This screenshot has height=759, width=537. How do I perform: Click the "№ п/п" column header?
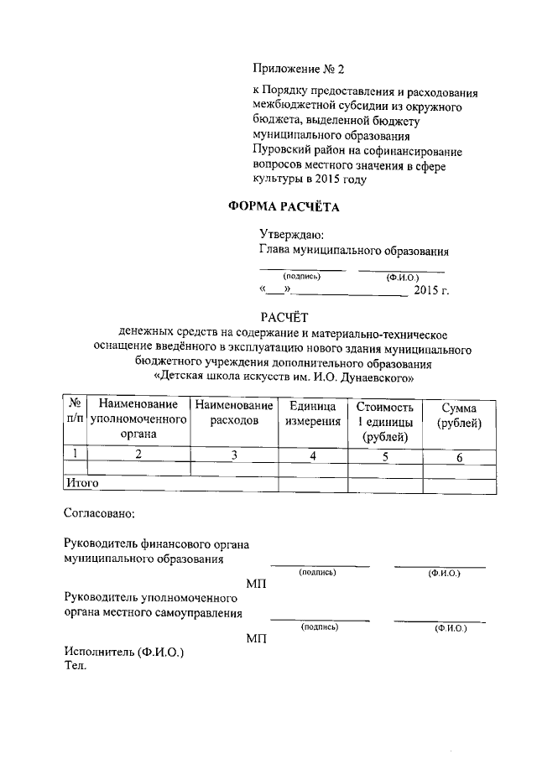click(75, 412)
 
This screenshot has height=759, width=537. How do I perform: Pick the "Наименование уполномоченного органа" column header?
click(137, 419)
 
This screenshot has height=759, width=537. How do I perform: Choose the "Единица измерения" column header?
click(312, 413)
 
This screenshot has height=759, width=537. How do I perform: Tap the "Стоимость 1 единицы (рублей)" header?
click(385, 420)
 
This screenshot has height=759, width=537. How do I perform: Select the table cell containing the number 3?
click(235, 455)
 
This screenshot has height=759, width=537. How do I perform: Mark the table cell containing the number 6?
click(459, 457)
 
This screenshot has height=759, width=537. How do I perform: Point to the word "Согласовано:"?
click(98, 512)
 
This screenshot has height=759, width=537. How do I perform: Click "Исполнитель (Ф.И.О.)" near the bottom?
click(123, 652)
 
